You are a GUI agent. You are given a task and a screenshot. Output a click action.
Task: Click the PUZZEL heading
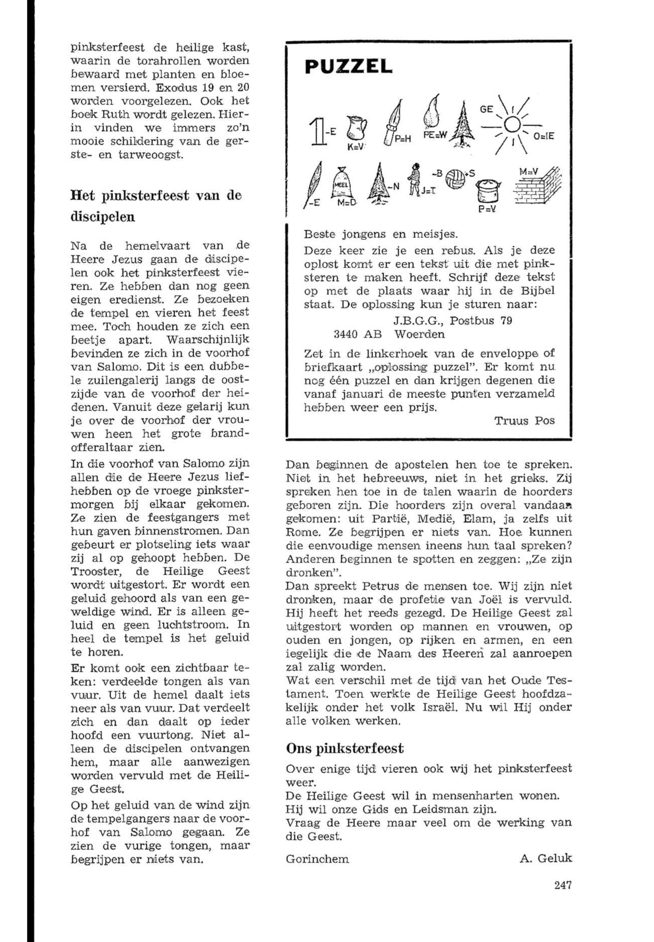pyautogui.click(x=348, y=66)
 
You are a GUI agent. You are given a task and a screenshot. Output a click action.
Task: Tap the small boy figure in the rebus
pyautogui.click(x=414, y=178)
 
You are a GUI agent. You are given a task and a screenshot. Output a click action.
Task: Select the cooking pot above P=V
pyautogui.click(x=488, y=191)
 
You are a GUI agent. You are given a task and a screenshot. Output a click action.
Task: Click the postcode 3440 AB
pyautogui.click(x=358, y=334)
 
